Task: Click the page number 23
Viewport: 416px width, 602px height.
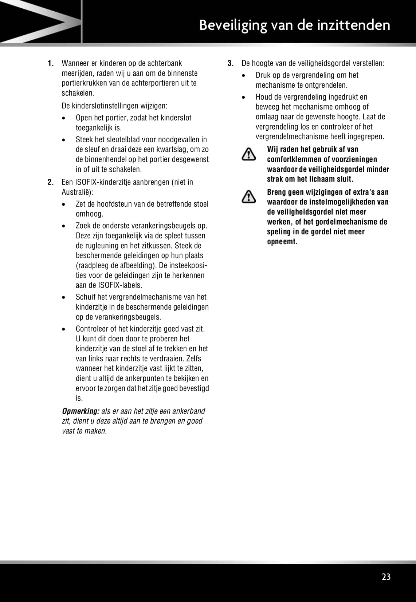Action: (386, 577)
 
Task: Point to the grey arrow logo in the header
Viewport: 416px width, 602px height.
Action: (40, 21)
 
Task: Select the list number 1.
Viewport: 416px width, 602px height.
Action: (51, 63)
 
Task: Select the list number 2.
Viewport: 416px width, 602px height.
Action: (51, 182)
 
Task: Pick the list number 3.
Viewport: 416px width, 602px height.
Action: (230, 63)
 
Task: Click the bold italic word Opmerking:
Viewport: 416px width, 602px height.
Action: (81, 411)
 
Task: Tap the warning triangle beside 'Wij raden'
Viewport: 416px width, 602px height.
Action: (248, 154)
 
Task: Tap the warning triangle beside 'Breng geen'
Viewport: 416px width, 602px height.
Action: (248, 197)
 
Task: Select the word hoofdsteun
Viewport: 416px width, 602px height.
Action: (115, 204)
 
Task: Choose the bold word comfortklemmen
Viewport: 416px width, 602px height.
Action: (294, 159)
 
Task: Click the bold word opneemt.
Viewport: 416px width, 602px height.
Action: (282, 242)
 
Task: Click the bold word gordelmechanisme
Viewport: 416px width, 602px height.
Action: (346, 222)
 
